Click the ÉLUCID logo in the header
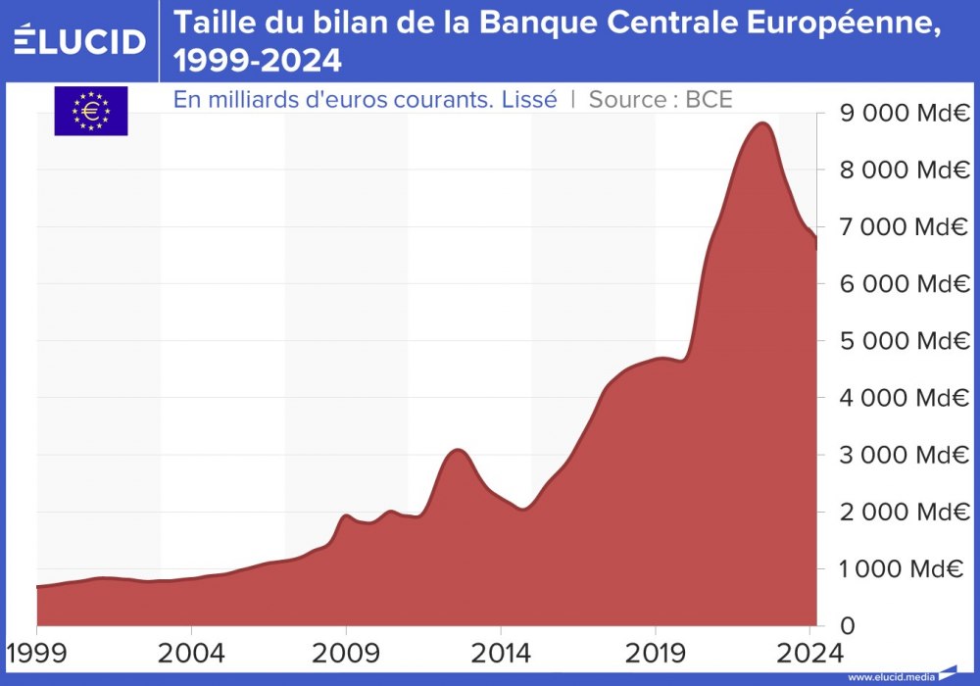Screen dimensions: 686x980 click(80, 41)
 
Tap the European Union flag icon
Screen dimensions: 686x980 click(90, 111)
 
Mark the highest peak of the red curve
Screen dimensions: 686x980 click(762, 122)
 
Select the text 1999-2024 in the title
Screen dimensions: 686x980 click(258, 61)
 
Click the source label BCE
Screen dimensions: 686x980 click(710, 99)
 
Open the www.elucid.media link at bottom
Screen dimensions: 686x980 click(891, 677)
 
